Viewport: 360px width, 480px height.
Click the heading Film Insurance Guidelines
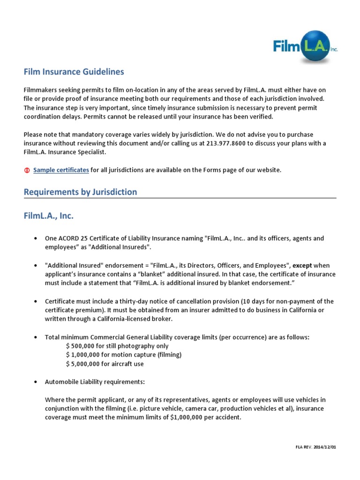[74, 72]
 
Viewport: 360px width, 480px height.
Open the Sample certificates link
[61, 170]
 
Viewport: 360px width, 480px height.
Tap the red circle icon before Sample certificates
[27, 170]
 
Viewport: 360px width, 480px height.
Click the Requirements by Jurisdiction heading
[80, 192]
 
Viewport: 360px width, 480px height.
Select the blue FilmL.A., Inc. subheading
[49, 216]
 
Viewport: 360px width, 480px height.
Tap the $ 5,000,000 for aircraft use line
[105, 364]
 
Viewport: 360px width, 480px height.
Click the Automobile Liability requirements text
[95, 382]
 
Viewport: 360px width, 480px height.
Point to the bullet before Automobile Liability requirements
[36, 382]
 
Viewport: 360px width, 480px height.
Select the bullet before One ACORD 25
[36, 239]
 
